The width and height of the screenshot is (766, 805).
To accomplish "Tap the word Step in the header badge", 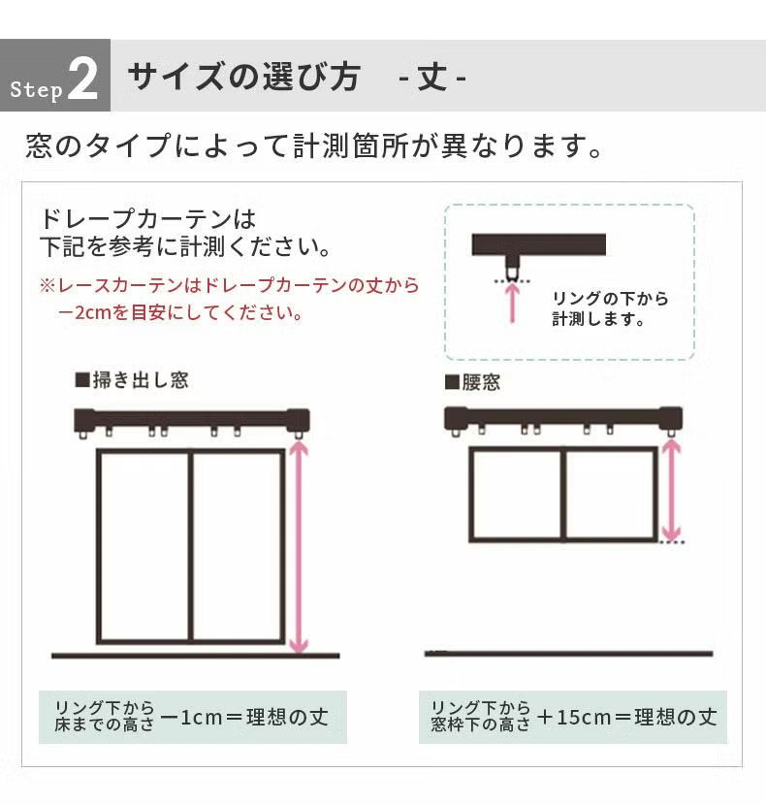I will coord(37,90).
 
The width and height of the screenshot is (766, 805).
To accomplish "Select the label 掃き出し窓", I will coord(139,380).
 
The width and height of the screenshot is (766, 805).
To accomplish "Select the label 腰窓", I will coord(480,381).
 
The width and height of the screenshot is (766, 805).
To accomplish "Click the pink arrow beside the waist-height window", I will coord(670,490).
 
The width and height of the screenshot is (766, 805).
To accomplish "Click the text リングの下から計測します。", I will coord(610,308).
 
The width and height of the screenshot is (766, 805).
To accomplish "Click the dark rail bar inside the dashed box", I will coord(538,243).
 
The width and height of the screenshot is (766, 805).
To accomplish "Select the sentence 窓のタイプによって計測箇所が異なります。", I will coord(316,147).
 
